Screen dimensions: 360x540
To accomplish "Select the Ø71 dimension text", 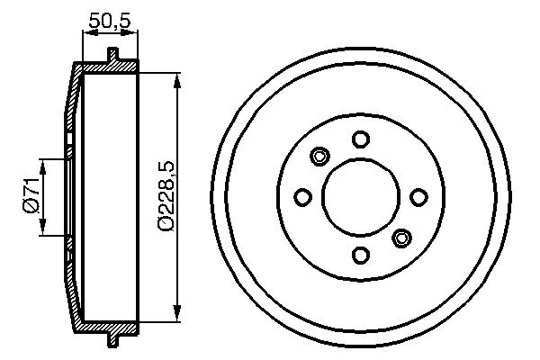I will click(x=30, y=196).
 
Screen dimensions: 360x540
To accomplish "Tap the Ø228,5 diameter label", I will click(x=165, y=196).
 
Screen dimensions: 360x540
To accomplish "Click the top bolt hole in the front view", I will click(x=360, y=139).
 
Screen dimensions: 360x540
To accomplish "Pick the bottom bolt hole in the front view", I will click(x=360, y=256).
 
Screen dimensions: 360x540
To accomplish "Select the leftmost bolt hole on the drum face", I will click(x=302, y=197).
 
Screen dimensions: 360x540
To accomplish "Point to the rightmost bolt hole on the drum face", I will click(x=418, y=197).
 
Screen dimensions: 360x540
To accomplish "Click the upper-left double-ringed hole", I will click(x=319, y=157).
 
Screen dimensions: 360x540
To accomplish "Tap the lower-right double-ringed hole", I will click(x=401, y=238).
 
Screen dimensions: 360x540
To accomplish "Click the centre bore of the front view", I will click(x=360, y=197).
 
